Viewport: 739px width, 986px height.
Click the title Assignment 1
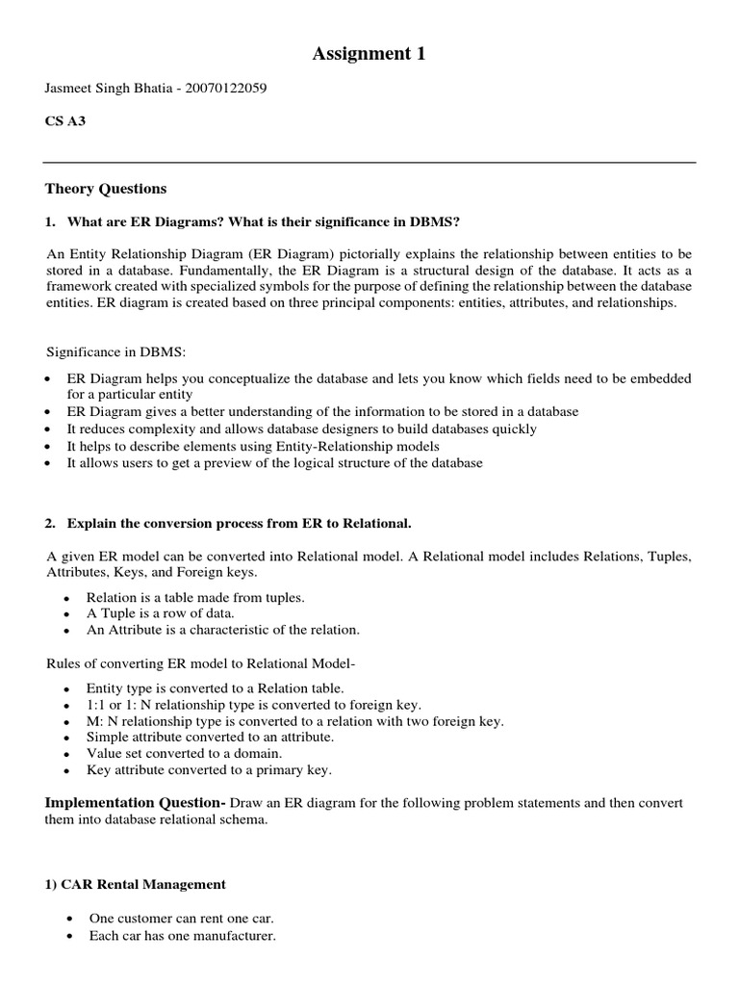[x=369, y=55]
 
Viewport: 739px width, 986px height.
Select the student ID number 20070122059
[x=222, y=89]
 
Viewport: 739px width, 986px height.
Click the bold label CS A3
[x=66, y=122]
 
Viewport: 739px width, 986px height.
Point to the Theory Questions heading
[x=106, y=189]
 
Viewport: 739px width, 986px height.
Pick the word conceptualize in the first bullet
[x=235, y=378]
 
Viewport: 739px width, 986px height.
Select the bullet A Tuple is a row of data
[x=160, y=613]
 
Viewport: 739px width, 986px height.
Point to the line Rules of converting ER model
[x=194, y=663]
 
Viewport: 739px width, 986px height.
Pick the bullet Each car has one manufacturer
[x=182, y=935]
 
